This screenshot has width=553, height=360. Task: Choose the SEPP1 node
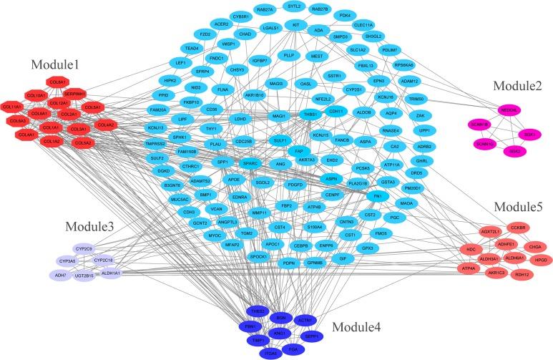[x=310, y=334]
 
